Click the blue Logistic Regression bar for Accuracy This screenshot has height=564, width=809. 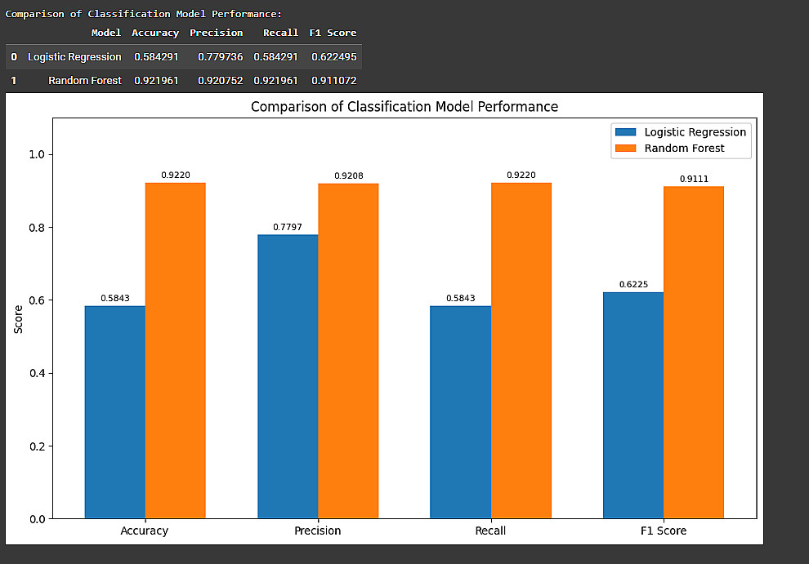coord(115,412)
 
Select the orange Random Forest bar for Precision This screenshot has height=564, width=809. coord(348,351)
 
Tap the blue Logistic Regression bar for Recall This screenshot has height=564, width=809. coord(460,412)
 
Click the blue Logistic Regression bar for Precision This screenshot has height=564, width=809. coord(288,376)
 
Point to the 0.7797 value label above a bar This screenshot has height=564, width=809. coord(288,226)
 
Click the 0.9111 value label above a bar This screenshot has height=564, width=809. coord(694,178)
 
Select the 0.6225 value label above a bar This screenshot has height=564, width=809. coord(632,284)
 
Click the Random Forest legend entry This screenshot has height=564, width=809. coord(683,149)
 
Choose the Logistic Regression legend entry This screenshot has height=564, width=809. coord(695,132)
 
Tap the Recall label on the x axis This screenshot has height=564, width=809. coord(489,531)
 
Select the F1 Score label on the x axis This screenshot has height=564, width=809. coord(663,531)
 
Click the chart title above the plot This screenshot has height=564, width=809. coord(404,107)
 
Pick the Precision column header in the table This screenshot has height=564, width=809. coord(216,33)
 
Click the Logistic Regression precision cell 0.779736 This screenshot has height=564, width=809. coord(220,57)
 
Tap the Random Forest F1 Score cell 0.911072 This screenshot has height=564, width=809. coord(333,81)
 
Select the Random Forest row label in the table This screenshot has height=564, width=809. coord(85,81)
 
